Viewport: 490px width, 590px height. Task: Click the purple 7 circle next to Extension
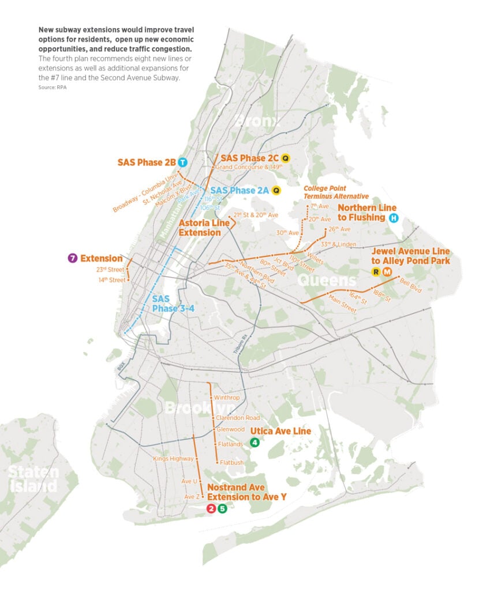tap(72, 258)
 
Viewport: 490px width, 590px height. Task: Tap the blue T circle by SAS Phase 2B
tap(183, 162)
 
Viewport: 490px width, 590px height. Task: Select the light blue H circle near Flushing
tap(394, 218)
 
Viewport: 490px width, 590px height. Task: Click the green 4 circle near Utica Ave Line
tap(254, 442)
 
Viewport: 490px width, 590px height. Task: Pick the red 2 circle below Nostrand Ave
tap(211, 508)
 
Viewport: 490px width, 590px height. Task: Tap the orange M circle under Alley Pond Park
tap(387, 272)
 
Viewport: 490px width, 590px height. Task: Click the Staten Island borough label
tap(33, 479)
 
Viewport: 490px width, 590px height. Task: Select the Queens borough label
tap(326, 281)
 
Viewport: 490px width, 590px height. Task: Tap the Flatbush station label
tap(231, 462)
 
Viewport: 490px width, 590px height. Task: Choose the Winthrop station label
tap(226, 398)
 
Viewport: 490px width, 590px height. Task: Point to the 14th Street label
tap(112, 280)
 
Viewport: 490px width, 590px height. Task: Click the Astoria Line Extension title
tap(200, 227)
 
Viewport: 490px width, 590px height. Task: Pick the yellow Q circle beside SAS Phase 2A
tap(276, 190)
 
